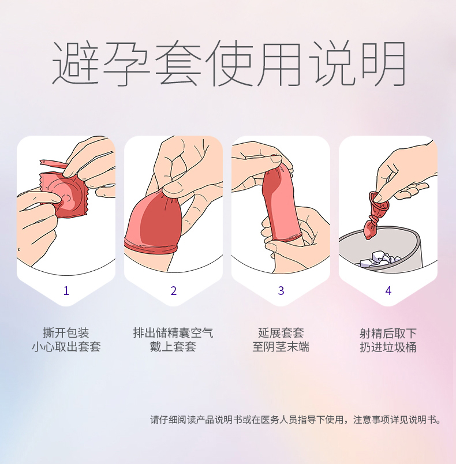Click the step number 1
[66, 291]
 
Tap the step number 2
[173, 291]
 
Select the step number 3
[281, 291]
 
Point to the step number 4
[388, 291]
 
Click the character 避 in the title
[76, 63]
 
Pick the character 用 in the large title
[279, 63]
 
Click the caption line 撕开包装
[66, 332]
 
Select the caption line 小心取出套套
[66, 346]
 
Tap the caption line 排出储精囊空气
[173, 332]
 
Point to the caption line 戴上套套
[173, 346]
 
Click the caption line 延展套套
[281, 332]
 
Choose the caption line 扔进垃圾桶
[388, 347]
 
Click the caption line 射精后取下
[388, 333]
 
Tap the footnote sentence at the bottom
[296, 420]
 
